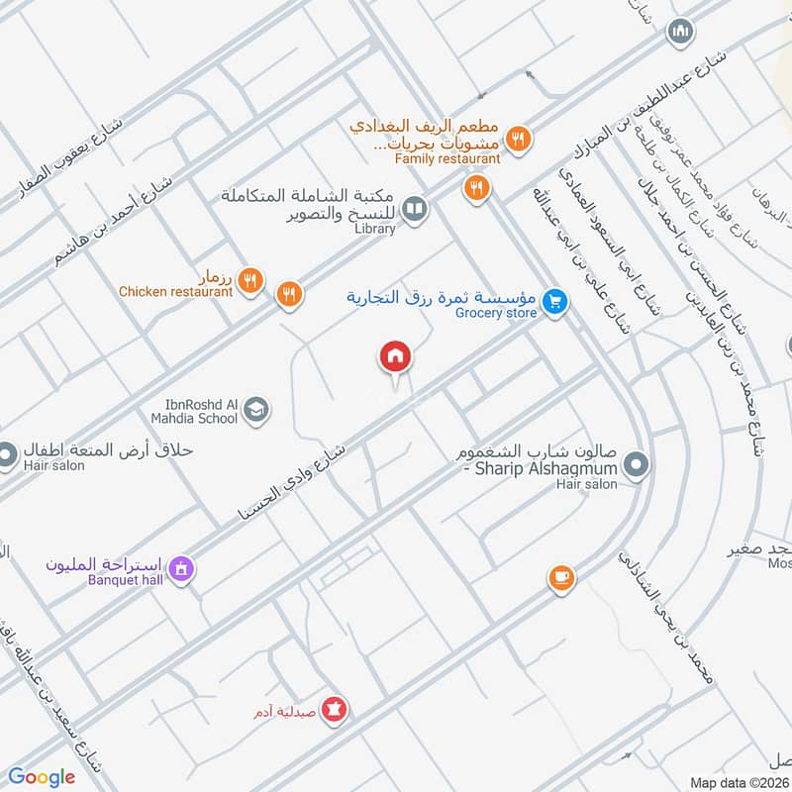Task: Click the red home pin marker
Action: [x=394, y=357]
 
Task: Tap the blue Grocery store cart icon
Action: [x=555, y=301]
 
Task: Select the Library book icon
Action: [x=416, y=208]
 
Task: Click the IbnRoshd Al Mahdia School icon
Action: [x=255, y=408]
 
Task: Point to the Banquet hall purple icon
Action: [x=180, y=569]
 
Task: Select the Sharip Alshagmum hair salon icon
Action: [x=638, y=463]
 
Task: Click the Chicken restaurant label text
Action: [x=175, y=291]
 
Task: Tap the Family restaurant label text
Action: [x=447, y=157]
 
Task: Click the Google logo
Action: [x=42, y=777]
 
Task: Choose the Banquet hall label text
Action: [x=124, y=579]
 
